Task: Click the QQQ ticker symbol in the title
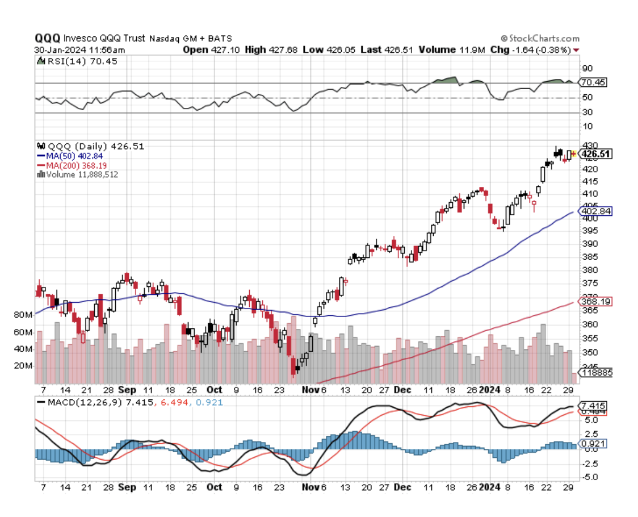(x=47, y=38)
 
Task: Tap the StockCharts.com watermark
(x=540, y=38)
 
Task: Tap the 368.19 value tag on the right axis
(x=593, y=302)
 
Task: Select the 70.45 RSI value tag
(x=593, y=82)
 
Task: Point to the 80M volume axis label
(x=22, y=315)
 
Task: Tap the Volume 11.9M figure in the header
(x=452, y=49)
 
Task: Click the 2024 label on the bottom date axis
(x=489, y=487)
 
